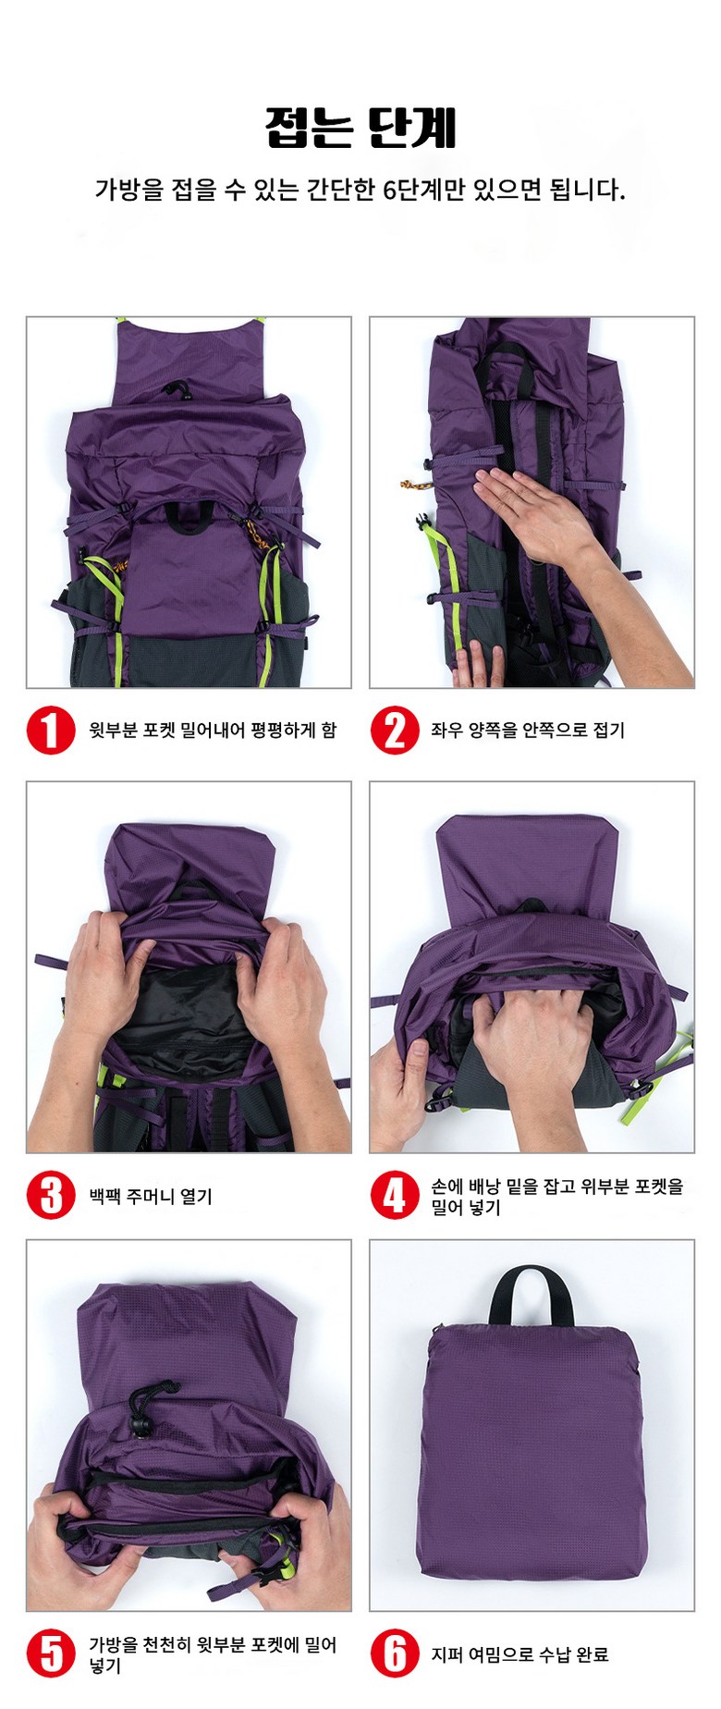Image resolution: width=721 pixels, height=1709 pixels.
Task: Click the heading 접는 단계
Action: coord(360,129)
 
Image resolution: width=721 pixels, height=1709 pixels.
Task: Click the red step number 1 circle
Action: coord(51,731)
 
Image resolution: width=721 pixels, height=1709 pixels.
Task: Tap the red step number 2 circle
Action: coord(395,731)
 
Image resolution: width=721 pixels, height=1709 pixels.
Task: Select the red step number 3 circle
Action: coord(51,1195)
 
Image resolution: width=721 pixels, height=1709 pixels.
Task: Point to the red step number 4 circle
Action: coord(395,1195)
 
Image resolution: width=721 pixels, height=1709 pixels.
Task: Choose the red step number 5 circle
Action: coord(51,1654)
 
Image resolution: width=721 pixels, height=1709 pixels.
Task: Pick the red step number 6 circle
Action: coord(395,1654)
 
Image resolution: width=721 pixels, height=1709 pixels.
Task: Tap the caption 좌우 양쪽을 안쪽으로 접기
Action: coord(528,731)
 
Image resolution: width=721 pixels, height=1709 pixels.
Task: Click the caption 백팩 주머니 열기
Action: coord(151,1196)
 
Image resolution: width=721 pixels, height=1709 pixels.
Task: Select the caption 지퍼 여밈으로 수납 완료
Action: coord(519,1654)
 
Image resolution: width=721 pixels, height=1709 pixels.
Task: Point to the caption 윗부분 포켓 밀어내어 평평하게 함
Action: coord(213,731)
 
